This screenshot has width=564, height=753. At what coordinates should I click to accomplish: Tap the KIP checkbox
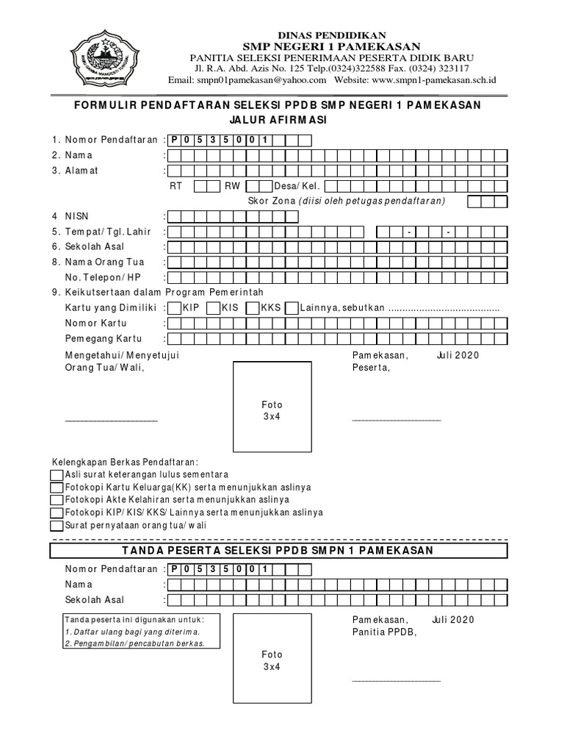point(174,307)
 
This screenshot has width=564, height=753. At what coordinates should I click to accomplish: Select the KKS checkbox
point(253,307)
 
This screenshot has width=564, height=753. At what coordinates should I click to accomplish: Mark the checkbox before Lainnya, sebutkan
point(291,307)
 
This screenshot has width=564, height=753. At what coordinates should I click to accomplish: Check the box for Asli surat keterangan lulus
point(57,474)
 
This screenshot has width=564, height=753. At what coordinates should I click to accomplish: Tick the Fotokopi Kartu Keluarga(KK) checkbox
point(57,488)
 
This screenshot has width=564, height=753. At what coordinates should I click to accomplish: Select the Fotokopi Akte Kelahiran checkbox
point(57,500)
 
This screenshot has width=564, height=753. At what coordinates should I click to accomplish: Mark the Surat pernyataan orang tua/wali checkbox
point(57,526)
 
